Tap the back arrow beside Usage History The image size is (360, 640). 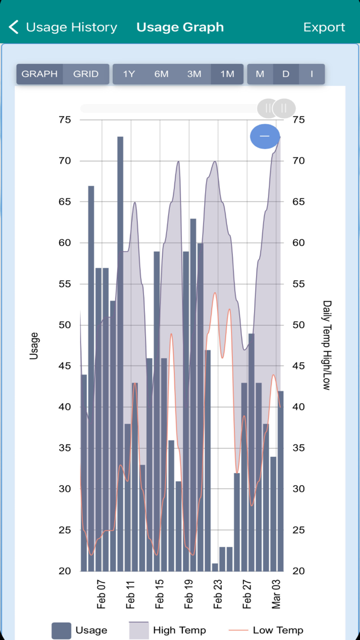tap(14, 27)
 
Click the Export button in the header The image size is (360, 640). tap(324, 27)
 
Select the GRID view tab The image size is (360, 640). tap(86, 74)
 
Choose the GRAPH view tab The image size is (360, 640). tap(40, 74)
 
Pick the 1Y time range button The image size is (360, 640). tap(129, 74)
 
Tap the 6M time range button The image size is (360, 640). tap(161, 74)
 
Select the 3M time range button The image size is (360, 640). tap(194, 74)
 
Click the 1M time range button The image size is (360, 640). tap(227, 74)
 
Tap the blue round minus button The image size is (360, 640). tap(265, 136)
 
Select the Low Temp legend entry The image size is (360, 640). tap(278, 630)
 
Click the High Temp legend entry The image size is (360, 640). tap(179, 630)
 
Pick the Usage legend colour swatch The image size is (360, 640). tap(61, 631)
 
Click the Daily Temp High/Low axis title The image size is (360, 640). tap(327, 345)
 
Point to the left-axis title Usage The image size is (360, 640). tap(34, 345)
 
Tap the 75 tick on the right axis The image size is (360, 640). tap(298, 120)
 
